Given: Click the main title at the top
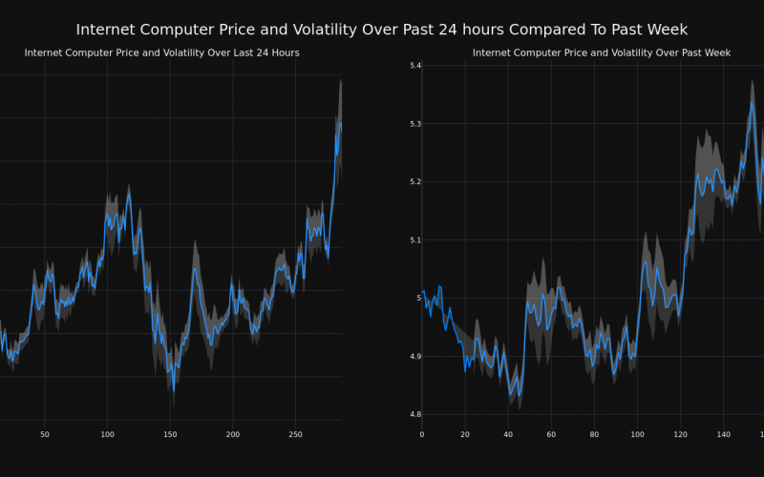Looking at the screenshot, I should [x=381, y=30].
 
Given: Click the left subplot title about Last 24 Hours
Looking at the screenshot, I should [x=161, y=52].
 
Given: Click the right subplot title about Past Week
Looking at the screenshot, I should [x=601, y=52].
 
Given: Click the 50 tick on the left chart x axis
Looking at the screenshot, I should [x=45, y=435].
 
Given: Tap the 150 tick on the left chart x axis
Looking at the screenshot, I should [x=170, y=435].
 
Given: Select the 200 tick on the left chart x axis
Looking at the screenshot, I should [x=233, y=435].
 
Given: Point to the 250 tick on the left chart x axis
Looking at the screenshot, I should [x=295, y=435].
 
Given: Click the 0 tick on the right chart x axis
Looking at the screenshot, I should [x=422, y=435].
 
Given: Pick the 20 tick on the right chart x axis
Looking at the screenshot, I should [x=465, y=435].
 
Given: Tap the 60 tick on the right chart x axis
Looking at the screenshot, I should [x=551, y=435].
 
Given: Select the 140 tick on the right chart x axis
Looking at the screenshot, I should [x=723, y=435].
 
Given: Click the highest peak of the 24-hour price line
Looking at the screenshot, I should [x=340, y=121].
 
